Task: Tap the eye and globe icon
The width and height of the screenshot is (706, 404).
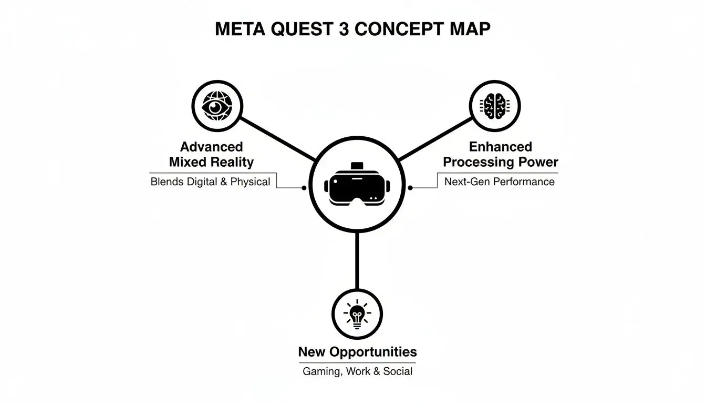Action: [x=217, y=106]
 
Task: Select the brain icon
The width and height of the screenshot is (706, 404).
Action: [x=494, y=106]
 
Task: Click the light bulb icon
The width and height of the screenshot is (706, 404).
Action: [x=357, y=314]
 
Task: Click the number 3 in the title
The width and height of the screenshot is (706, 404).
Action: [x=344, y=29]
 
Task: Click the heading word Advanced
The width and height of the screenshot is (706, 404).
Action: [x=211, y=147]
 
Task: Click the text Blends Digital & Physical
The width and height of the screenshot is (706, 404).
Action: [x=210, y=182]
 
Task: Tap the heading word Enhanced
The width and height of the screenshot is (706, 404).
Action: [x=501, y=147]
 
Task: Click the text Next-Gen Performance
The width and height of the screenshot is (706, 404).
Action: [x=499, y=182]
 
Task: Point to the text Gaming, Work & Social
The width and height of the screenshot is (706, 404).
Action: [x=357, y=371]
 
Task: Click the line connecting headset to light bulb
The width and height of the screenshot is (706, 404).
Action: [x=357, y=260]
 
